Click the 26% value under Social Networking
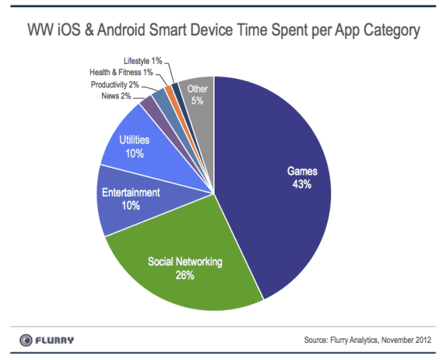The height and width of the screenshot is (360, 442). pyautogui.click(x=185, y=275)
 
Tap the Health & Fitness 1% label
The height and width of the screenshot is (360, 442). pyautogui.click(x=122, y=72)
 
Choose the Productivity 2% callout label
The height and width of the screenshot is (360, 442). pyautogui.click(x=115, y=84)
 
